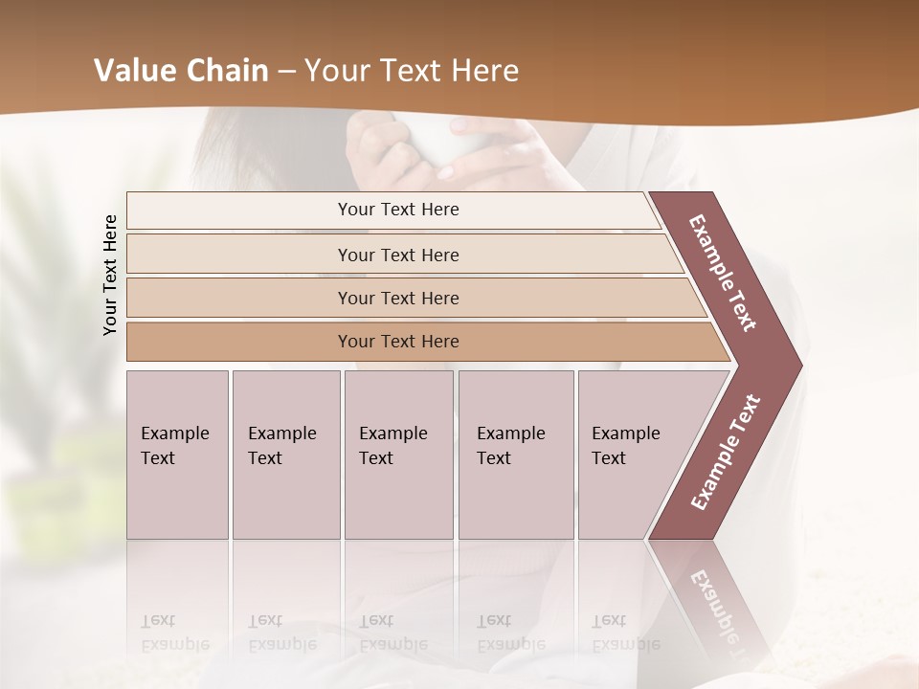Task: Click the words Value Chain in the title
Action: [181, 71]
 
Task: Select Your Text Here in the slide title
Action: [411, 71]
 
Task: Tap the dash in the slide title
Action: [285, 72]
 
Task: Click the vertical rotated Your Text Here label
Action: [110, 276]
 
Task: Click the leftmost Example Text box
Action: [177, 455]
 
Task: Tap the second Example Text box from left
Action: [286, 455]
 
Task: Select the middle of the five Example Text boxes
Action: [398, 455]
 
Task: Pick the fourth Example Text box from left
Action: [516, 455]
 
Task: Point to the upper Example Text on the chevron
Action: [724, 274]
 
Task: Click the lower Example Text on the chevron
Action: [726, 453]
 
